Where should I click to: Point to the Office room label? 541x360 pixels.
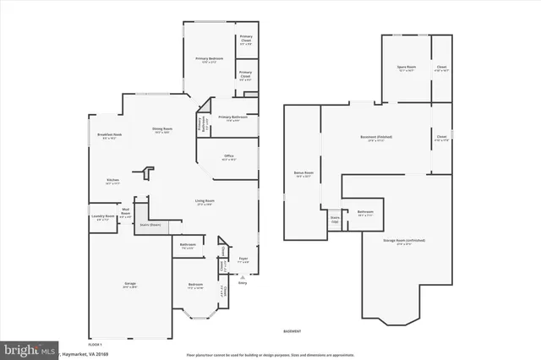228,156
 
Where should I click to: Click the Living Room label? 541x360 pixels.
205,201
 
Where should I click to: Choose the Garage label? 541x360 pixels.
130,285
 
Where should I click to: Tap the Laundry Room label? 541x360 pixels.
102,218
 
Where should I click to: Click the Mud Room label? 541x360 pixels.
125,213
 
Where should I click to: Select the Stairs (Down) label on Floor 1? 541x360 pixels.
150,225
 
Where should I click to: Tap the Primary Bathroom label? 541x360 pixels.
232,117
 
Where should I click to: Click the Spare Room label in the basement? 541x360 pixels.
407,68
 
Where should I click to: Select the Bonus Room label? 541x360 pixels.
303,174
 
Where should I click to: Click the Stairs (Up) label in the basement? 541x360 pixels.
336,219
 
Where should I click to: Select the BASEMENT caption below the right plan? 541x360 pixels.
292,330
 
